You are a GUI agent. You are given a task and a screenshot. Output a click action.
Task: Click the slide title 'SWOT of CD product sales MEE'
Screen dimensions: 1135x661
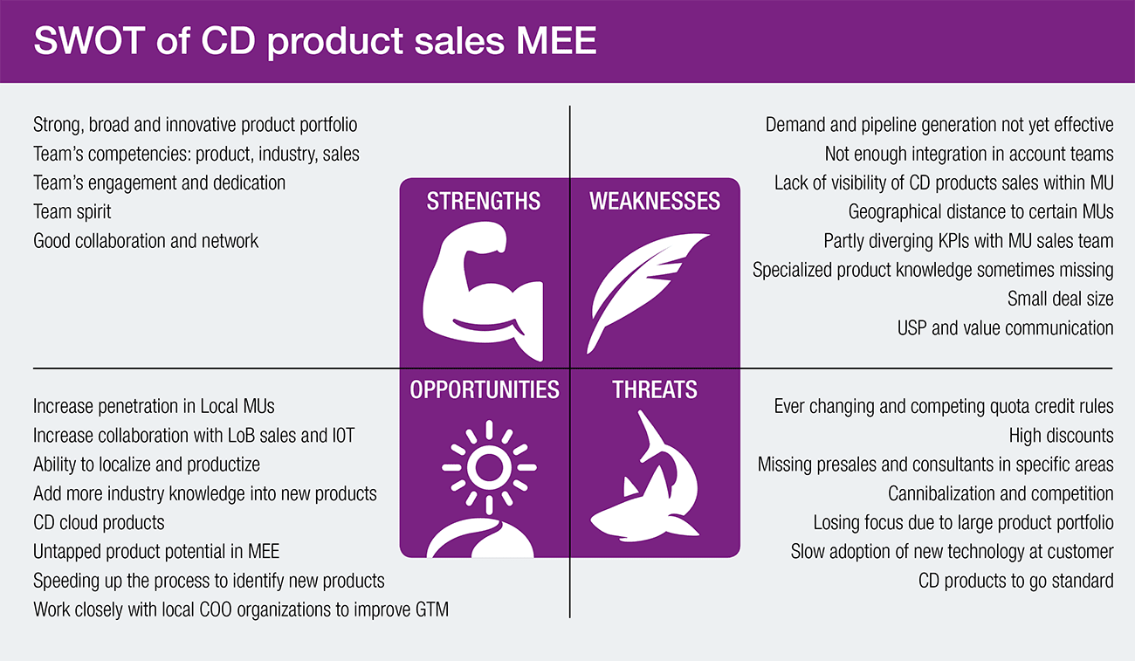click(x=314, y=40)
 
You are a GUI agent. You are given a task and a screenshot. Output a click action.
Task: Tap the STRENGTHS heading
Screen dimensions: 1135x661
click(x=484, y=201)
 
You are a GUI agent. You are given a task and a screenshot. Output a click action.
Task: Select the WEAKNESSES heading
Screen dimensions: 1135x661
click(x=655, y=201)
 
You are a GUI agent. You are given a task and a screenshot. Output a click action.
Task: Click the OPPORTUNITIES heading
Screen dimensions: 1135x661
click(x=485, y=389)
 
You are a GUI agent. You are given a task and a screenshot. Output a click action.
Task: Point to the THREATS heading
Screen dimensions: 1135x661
click(x=655, y=389)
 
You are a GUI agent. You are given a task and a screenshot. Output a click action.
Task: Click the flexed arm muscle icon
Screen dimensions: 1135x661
click(x=481, y=292)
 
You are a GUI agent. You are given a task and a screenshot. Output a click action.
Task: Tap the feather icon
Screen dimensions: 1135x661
click(x=647, y=293)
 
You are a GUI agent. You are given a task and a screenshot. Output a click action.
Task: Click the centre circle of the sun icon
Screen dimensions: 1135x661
click(x=488, y=467)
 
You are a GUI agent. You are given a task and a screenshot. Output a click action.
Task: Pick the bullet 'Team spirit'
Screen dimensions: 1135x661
click(x=72, y=212)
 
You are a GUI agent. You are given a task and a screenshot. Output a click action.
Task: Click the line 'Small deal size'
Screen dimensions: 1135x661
click(x=1060, y=300)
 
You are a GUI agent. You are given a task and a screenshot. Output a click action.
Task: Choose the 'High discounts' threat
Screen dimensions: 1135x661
click(x=1061, y=436)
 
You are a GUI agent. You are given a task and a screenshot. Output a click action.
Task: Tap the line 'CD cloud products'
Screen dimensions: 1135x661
click(x=99, y=523)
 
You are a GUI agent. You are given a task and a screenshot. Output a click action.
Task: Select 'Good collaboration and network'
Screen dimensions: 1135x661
click(x=146, y=241)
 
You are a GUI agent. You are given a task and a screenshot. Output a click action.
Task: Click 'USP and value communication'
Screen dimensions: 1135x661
click(x=1005, y=328)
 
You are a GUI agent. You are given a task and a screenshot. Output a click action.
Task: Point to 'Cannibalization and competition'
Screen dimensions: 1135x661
click(x=1001, y=493)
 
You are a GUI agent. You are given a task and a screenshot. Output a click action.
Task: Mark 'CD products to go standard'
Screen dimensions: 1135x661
click(x=1016, y=581)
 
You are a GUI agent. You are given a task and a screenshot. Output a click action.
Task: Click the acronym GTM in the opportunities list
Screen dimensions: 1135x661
click(x=432, y=609)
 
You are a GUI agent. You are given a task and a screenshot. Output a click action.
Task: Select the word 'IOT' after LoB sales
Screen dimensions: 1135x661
click(x=343, y=436)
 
